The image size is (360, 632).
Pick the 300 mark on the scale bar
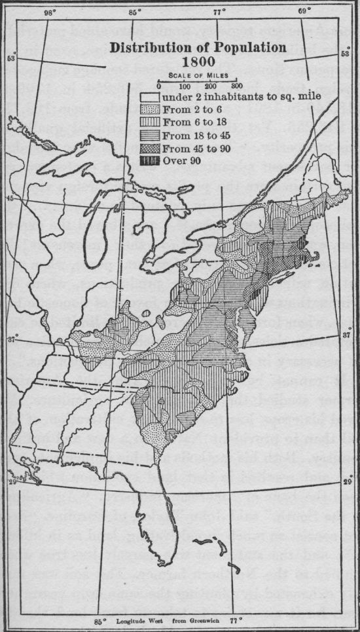[x=236, y=85]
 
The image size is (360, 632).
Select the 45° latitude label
[x=9, y=197]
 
